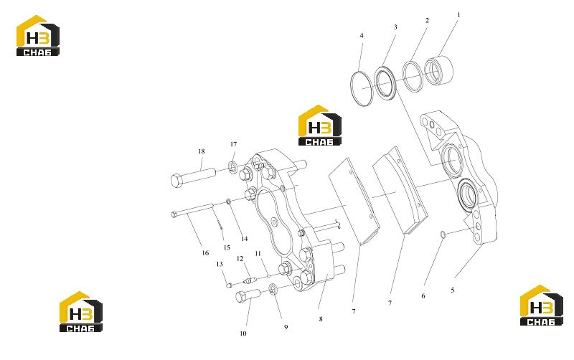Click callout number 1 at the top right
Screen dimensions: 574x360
(x=458, y=15)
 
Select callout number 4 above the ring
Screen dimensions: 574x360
(x=362, y=35)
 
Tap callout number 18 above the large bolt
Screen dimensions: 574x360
(x=202, y=151)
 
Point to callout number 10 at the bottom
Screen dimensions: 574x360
(x=243, y=333)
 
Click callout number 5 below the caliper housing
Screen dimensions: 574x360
(x=453, y=290)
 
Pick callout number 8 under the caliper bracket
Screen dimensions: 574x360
(x=321, y=319)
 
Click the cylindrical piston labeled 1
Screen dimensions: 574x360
(x=438, y=70)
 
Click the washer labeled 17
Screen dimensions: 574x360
(x=232, y=167)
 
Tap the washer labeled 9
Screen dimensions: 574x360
(x=273, y=290)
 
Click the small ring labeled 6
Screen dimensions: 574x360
(x=442, y=235)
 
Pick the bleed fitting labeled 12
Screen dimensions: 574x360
(x=249, y=281)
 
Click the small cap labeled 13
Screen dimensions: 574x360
(x=229, y=285)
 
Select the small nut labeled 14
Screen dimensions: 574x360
(x=228, y=201)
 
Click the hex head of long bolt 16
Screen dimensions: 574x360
(x=174, y=214)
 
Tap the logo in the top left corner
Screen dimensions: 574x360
(x=38, y=35)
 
